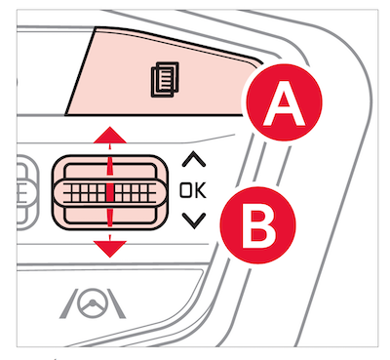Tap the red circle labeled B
click(258, 225)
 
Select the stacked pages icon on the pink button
click(165, 80)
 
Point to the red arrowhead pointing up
click(110, 135)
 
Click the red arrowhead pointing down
click(110, 249)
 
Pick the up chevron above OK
click(194, 159)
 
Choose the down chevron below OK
click(194, 220)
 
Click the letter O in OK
click(186, 190)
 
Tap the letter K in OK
click(201, 190)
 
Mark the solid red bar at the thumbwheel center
click(110, 192)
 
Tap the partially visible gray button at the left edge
click(26, 192)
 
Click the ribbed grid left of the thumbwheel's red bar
click(86, 192)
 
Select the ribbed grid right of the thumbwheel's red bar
click(134, 192)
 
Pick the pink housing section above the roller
click(110, 172)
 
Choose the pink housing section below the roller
click(110, 216)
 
